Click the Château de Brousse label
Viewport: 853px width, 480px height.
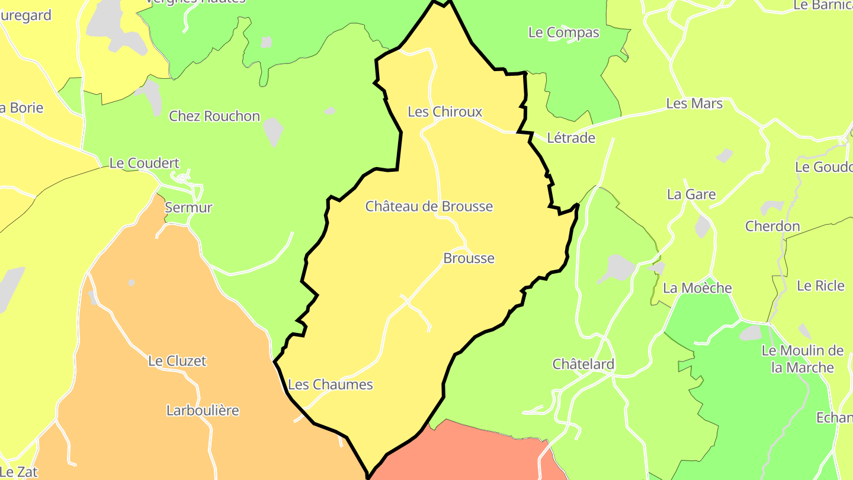click(429, 206)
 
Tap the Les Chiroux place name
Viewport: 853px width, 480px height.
click(445, 111)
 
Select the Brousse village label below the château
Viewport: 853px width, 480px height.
click(469, 258)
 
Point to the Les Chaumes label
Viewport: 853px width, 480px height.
click(331, 385)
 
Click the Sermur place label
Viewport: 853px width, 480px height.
click(188, 207)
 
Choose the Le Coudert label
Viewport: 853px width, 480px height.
click(144, 163)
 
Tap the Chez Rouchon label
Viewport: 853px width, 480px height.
click(214, 116)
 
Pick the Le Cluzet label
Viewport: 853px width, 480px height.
click(177, 361)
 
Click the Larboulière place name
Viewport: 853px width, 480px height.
click(203, 410)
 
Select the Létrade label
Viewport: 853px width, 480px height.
click(570, 138)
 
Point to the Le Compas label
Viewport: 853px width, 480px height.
click(563, 33)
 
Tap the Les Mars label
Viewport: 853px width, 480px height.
click(694, 104)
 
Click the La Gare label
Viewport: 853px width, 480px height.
click(691, 194)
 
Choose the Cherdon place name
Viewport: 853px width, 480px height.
click(772, 226)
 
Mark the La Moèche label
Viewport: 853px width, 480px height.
click(697, 288)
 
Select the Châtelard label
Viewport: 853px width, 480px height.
click(583, 364)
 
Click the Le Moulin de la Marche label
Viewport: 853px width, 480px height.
click(803, 359)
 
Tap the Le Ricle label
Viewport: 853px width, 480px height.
click(820, 286)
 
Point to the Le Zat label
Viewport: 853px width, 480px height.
click(20, 472)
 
